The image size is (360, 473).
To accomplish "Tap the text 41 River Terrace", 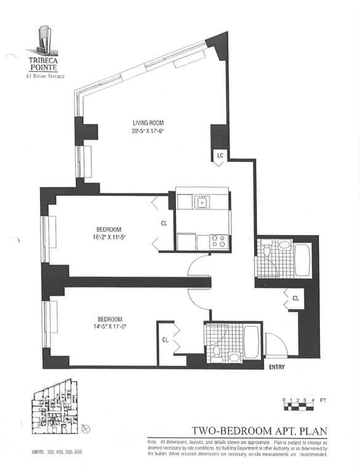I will [44, 76].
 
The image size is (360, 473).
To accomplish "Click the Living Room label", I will [148, 123].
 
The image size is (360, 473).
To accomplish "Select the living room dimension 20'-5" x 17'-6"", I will [148, 131].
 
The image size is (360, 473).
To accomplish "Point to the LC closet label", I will [219, 156].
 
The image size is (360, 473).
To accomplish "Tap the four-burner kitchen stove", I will [220, 241].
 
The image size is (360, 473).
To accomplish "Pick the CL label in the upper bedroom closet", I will [164, 224].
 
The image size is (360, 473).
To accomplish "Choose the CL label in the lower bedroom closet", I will [166, 339].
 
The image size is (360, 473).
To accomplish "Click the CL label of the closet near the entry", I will [295, 298].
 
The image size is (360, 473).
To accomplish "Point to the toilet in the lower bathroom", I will [216, 354].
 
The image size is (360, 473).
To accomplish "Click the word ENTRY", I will [278, 367].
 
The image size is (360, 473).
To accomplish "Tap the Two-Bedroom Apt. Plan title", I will [258, 431].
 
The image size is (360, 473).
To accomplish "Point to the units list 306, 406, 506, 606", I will [57, 453].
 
